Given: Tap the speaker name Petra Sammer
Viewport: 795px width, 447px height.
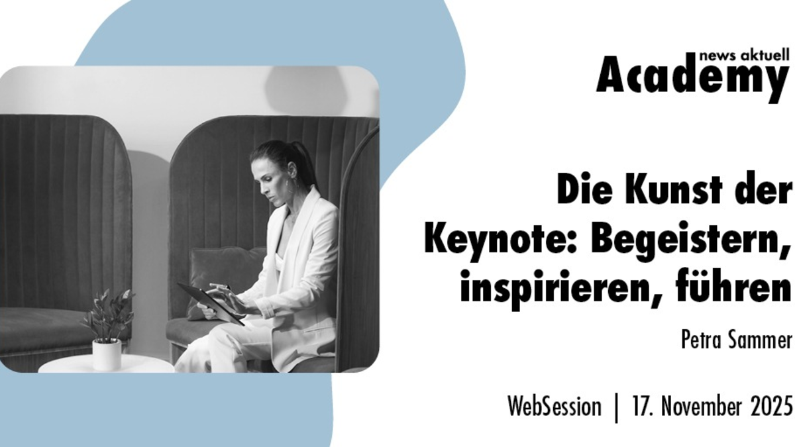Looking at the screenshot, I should tap(736, 341).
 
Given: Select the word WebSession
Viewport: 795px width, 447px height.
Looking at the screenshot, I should tap(554, 406).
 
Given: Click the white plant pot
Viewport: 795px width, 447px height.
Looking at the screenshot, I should tap(107, 354).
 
